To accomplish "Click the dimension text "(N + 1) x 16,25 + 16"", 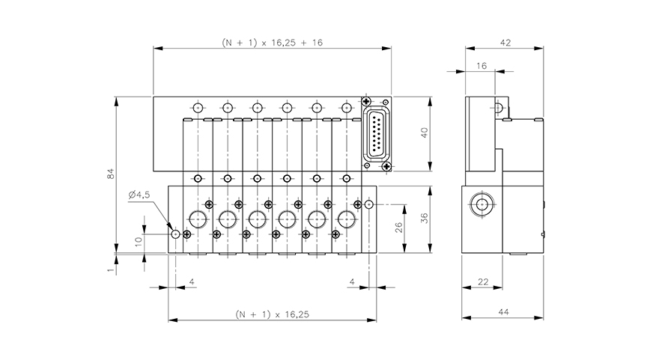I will (273, 43).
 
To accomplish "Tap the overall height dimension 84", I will (110, 174).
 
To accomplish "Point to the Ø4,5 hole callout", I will (140, 195).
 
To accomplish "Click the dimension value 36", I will (424, 218).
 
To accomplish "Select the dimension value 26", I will (398, 226).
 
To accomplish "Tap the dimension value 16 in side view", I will (481, 67).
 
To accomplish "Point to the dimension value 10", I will (137, 241).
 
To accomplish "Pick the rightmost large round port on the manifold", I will (345, 219).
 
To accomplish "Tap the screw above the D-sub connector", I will (366, 102).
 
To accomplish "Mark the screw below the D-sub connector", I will (384, 166).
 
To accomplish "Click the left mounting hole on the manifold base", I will (176, 234).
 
